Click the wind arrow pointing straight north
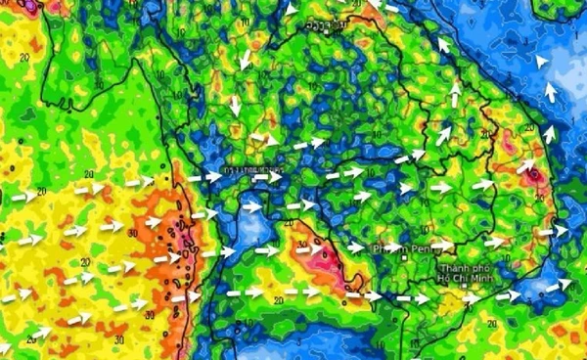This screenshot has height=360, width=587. [x=455, y=94]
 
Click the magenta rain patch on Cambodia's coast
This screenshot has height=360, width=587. [x=325, y=259]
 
